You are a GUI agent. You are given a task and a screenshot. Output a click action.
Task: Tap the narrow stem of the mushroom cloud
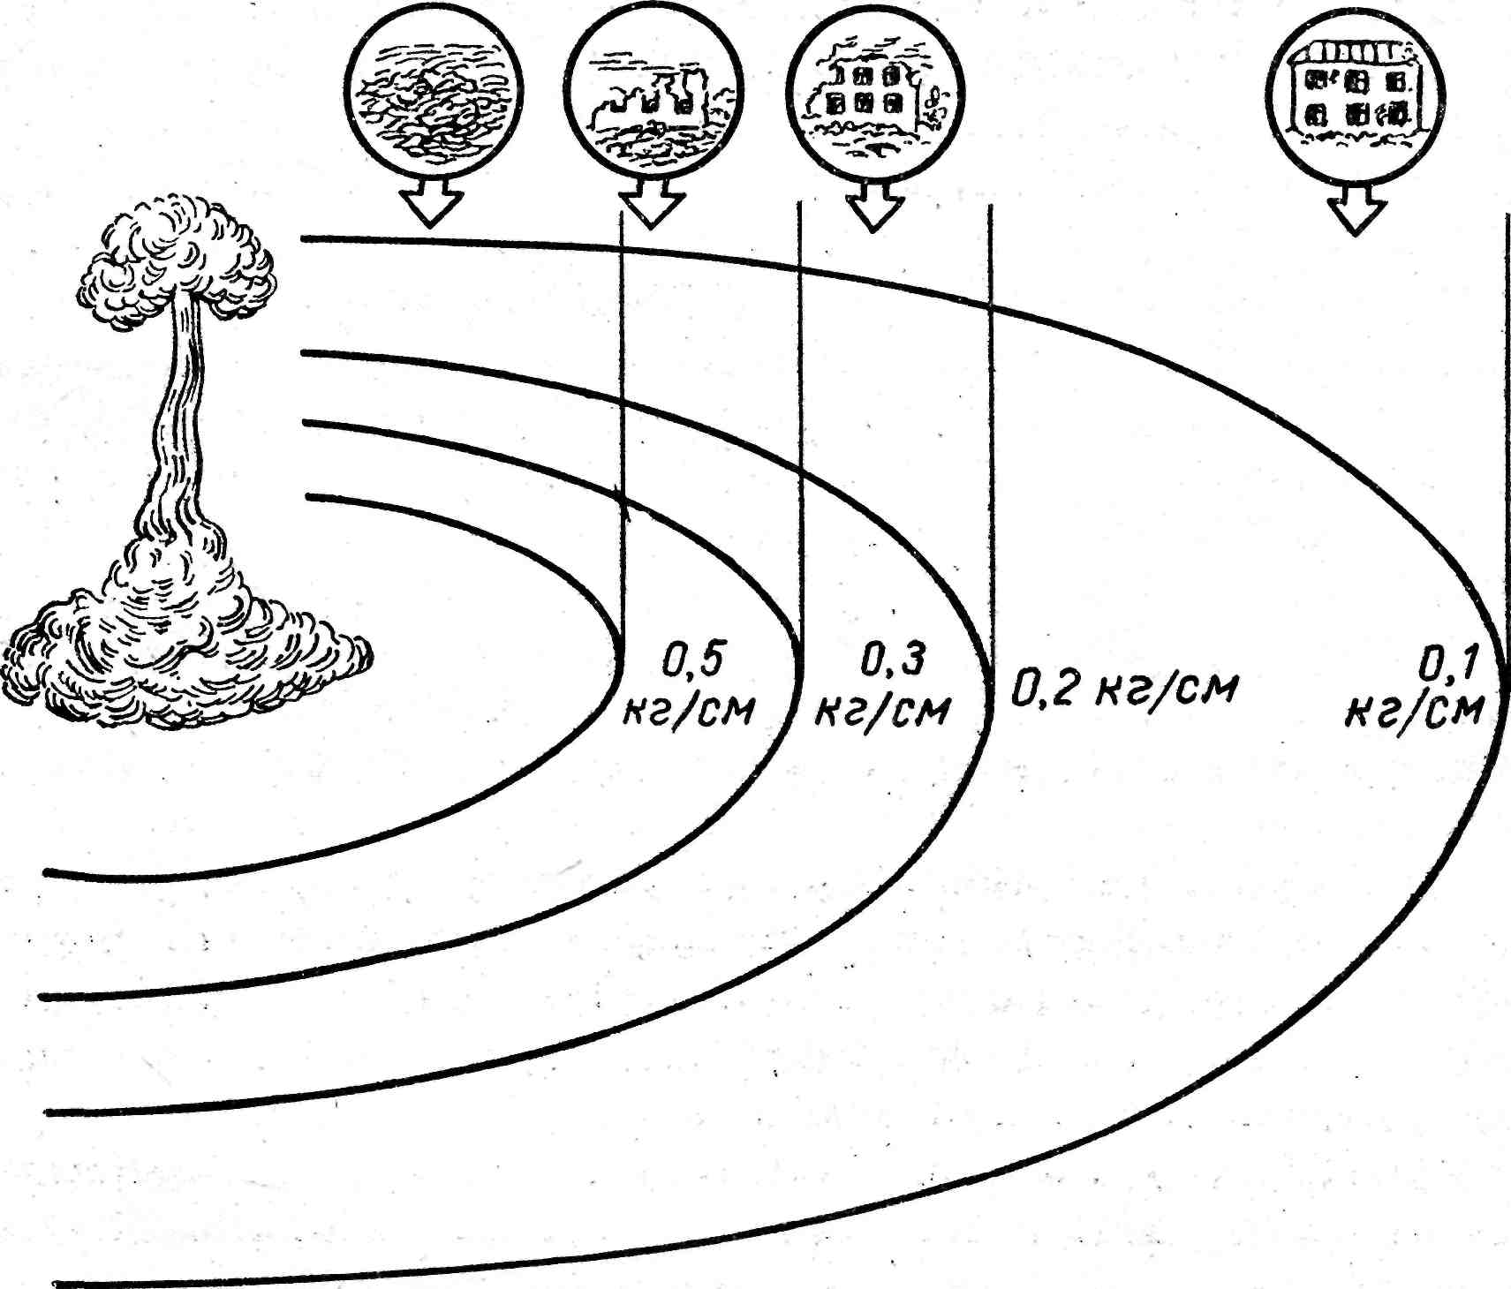tap(181, 415)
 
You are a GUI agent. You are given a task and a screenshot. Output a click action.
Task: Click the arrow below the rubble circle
tap(431, 204)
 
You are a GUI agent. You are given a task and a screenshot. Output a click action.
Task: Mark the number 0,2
tap(1043, 689)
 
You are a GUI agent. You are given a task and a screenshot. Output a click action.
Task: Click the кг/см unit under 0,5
tap(690, 709)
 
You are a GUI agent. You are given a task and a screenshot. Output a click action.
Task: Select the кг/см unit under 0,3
tap(881, 708)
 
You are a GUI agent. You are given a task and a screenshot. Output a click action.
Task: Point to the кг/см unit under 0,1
tap(1414, 712)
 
